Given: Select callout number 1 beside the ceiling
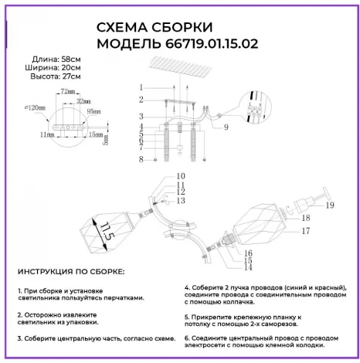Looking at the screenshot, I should [142, 86].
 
